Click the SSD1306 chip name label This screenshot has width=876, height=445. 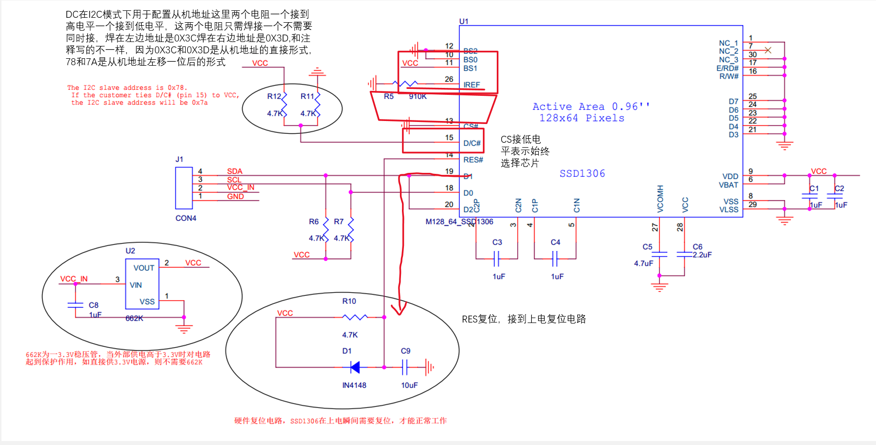point(582,173)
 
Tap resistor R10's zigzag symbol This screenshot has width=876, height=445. point(355,317)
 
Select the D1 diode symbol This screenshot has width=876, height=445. point(355,367)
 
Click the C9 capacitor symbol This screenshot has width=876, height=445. point(405,367)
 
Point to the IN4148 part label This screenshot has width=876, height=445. point(354,385)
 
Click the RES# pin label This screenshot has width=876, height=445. point(473,160)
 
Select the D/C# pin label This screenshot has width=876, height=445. point(472,143)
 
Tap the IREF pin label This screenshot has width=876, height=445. point(472,85)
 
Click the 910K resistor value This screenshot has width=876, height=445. point(418,96)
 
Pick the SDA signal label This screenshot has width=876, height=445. point(235,171)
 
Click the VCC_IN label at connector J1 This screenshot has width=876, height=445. point(240,187)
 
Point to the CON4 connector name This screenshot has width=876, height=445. point(186,218)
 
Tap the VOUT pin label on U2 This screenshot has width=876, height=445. point(144,268)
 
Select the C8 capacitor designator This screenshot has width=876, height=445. point(93,305)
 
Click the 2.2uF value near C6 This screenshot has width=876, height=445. point(702,255)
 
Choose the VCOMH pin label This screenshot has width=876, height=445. point(660,199)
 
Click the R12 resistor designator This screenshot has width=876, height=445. point(274,96)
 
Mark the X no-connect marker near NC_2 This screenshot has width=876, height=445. point(768,50)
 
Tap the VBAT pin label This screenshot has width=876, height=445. point(728,185)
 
